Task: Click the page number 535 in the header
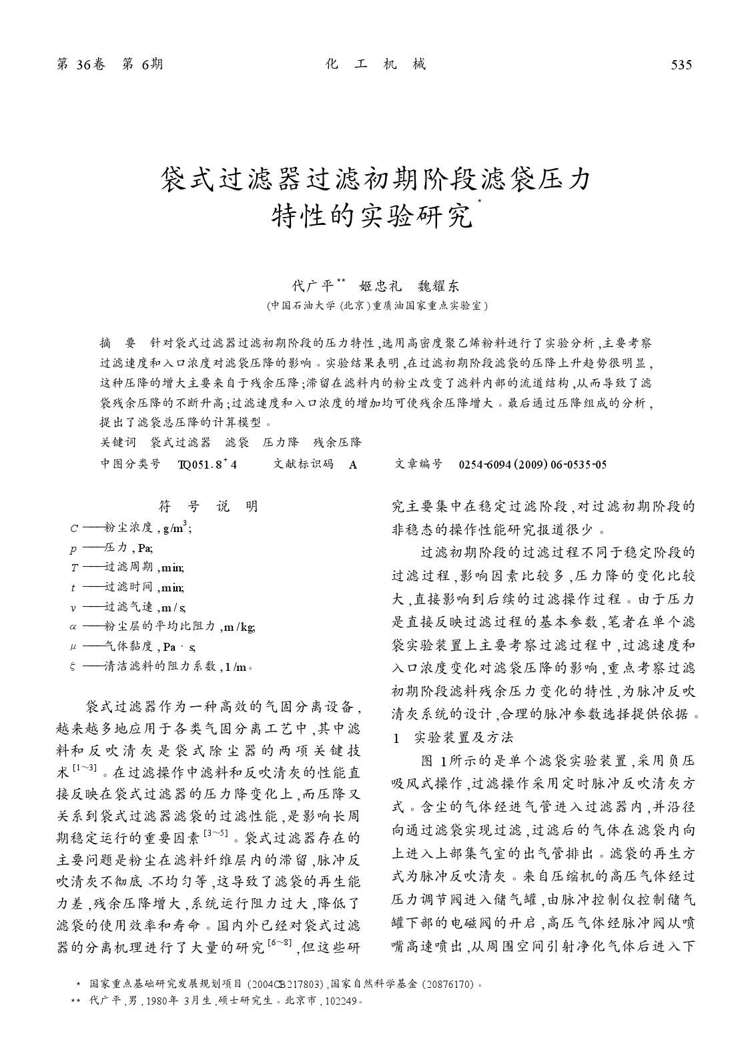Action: point(681,65)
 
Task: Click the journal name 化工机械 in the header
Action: point(376,64)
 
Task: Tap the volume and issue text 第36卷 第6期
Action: point(110,64)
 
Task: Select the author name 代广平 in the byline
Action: point(313,286)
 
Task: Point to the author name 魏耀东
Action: point(438,286)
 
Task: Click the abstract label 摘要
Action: point(117,344)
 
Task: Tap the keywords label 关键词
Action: point(118,442)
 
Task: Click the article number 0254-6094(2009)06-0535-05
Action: point(532,464)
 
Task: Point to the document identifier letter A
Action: point(353,465)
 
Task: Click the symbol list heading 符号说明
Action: point(208,507)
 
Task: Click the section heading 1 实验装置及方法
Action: point(453,737)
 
